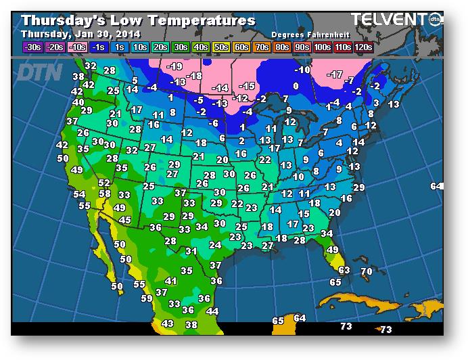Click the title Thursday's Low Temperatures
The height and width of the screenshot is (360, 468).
coord(138,20)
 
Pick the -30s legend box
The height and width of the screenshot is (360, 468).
coord(32,47)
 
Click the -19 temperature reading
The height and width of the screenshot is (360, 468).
coord(174,66)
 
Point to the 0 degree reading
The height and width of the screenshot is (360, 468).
coord(296,86)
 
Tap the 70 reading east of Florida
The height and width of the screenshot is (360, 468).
coord(366,271)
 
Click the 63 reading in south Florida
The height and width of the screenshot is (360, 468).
coord(344,270)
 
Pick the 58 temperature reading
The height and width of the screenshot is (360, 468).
coord(106,194)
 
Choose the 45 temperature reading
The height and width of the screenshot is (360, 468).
coord(124,220)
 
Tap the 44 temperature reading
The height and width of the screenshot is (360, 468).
coord(212,311)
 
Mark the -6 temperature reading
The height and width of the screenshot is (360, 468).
coord(213,123)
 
